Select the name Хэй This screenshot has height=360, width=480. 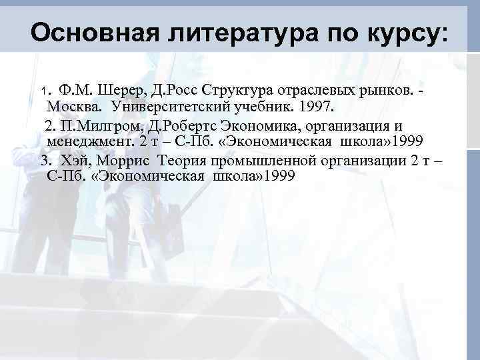pos(73,161)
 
